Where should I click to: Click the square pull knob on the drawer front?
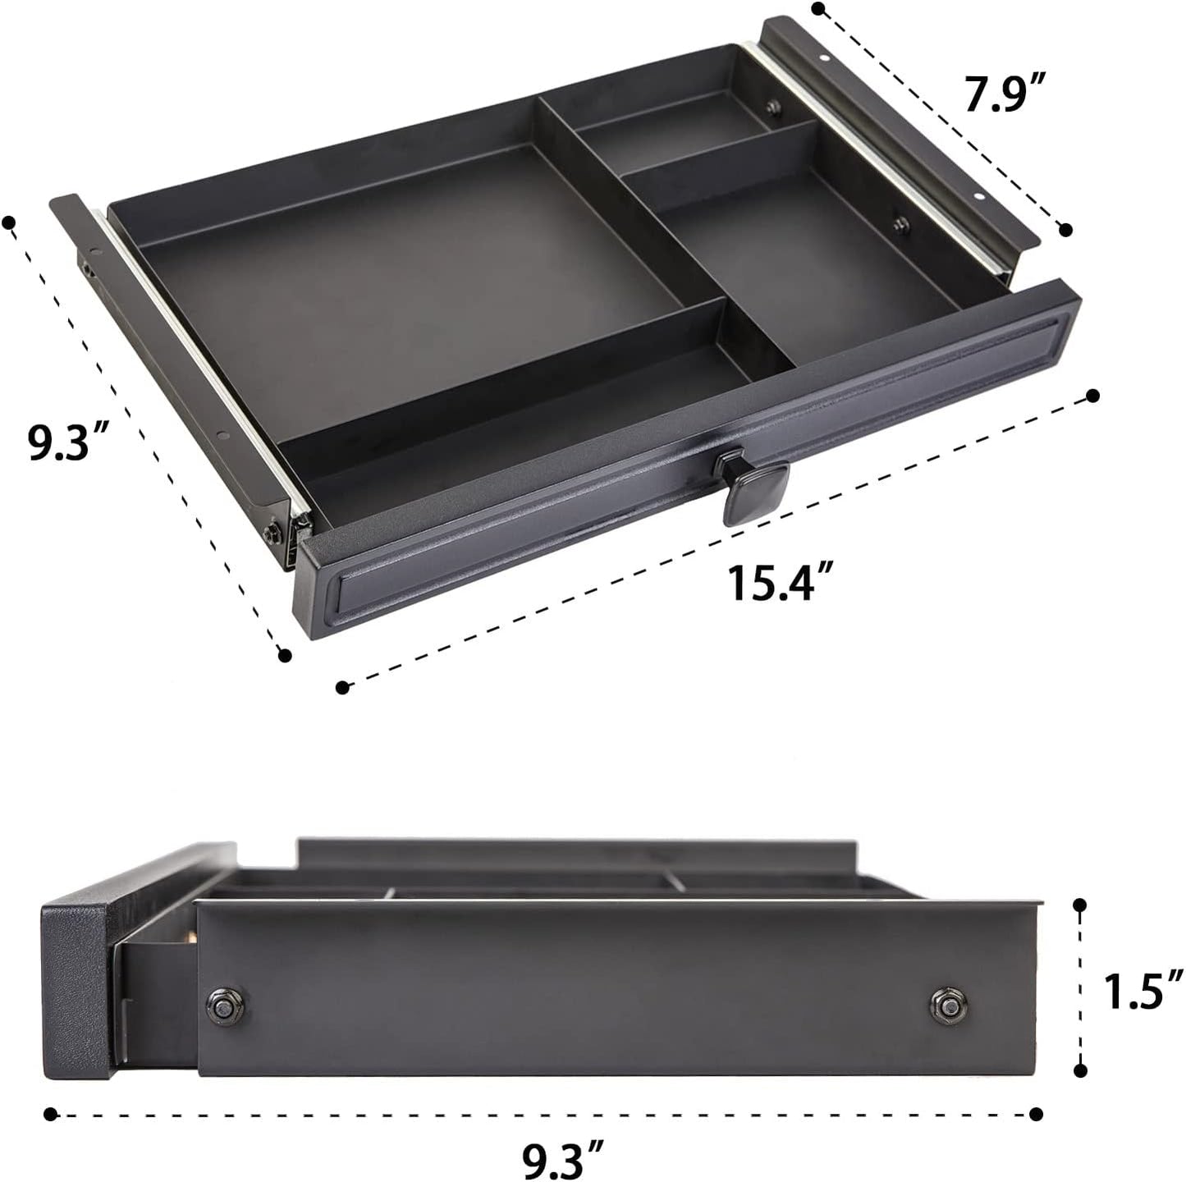753,486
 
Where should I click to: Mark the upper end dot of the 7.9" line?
817,9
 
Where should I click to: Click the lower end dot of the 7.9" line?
1066,230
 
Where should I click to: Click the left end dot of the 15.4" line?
343,686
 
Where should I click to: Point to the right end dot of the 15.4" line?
1092,396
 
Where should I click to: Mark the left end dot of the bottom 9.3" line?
51,1114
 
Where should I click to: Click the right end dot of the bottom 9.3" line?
1037,1114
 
